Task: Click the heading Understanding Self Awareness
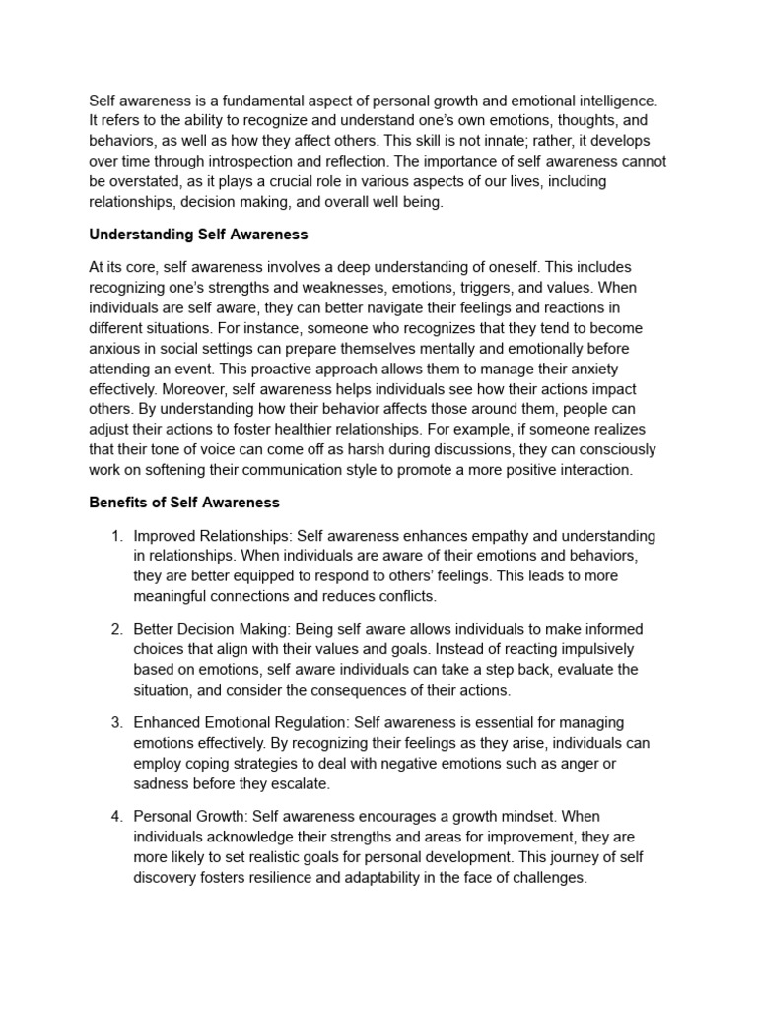tap(198, 235)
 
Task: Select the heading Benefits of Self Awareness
tap(184, 503)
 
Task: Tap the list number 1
tap(115, 536)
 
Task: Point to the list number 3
tap(115, 723)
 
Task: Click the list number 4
tap(115, 817)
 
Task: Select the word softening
tap(190, 469)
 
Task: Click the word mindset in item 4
tap(545, 817)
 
